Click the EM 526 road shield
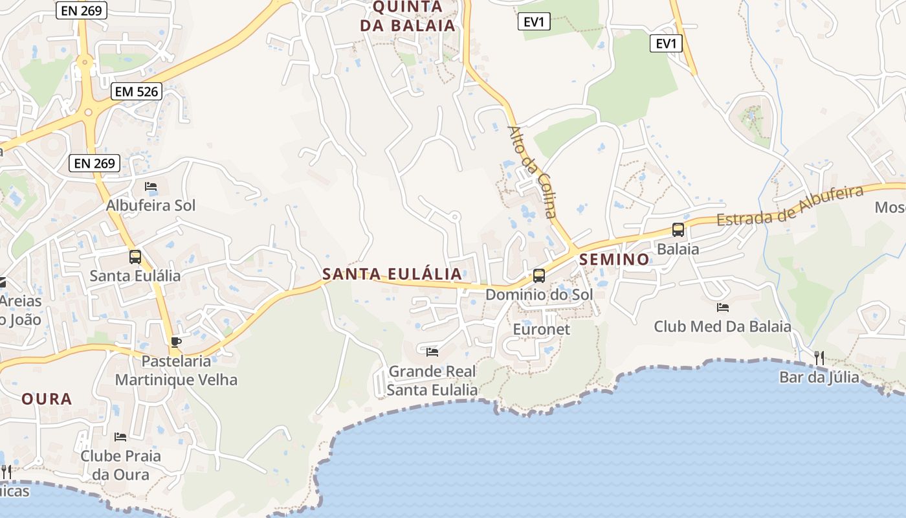[x=136, y=91]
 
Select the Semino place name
[x=615, y=260]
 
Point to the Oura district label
[x=47, y=399]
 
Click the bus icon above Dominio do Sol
[x=538, y=276]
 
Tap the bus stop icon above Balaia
[x=678, y=230]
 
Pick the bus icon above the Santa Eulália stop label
[x=135, y=256]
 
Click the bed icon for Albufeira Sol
[x=151, y=186]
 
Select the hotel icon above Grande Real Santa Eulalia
[x=432, y=352]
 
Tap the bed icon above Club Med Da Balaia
[x=723, y=308]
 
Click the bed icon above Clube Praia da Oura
[x=120, y=436]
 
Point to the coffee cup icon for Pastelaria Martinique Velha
[x=175, y=342]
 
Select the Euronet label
[x=542, y=329]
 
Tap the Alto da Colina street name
[x=532, y=172]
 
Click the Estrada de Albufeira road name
[x=790, y=206]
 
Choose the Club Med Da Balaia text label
[x=722, y=326]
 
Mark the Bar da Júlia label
[x=819, y=377]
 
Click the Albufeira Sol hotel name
[x=151, y=206]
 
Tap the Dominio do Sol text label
[x=539, y=295]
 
